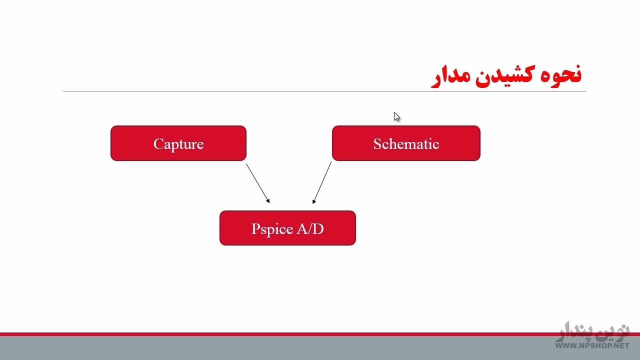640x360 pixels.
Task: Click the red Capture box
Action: pos(178,143)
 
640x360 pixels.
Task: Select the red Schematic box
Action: pos(406,143)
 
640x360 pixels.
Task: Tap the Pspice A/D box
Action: pos(287,227)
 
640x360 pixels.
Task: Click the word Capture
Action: pos(178,144)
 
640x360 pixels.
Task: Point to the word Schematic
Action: pos(406,143)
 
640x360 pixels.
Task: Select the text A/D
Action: pos(310,228)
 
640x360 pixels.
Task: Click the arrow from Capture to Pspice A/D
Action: pos(257,183)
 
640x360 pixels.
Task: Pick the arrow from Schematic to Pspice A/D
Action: pos(322,183)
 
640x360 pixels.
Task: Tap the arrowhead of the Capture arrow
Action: pos(268,201)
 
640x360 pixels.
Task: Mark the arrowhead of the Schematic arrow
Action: pos(313,201)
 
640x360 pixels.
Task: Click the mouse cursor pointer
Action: pos(396,116)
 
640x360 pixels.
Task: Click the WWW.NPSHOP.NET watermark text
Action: pos(592,345)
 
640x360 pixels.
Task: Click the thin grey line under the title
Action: pos(324,91)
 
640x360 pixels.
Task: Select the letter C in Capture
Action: pos(158,143)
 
